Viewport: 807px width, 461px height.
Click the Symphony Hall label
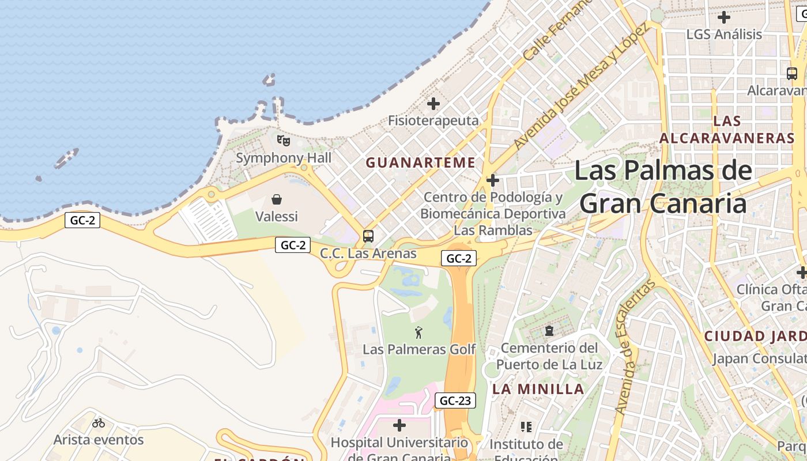tap(284, 158)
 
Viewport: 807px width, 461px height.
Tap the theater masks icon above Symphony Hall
tap(283, 140)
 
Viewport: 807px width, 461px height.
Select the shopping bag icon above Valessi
tap(277, 199)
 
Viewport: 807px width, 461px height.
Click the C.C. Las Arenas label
tap(368, 254)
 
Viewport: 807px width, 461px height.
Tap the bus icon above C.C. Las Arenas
tap(368, 236)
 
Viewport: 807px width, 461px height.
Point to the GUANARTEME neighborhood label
tap(421, 163)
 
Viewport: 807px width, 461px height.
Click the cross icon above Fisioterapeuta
tap(433, 104)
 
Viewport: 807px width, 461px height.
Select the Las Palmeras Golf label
tap(419, 349)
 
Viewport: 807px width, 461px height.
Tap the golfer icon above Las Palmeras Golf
tap(419, 332)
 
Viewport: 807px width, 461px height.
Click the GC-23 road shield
tap(455, 400)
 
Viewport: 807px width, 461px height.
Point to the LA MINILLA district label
tap(538, 389)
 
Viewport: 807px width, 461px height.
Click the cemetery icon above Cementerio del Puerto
tap(549, 331)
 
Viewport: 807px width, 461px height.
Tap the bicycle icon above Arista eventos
tap(99, 423)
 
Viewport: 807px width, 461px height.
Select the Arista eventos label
tap(99, 440)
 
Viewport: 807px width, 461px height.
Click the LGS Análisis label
tap(724, 35)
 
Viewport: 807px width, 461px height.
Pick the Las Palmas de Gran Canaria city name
tap(663, 187)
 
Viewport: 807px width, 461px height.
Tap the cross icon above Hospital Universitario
tap(399, 425)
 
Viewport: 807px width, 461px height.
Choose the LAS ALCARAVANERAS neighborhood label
tap(727, 130)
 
